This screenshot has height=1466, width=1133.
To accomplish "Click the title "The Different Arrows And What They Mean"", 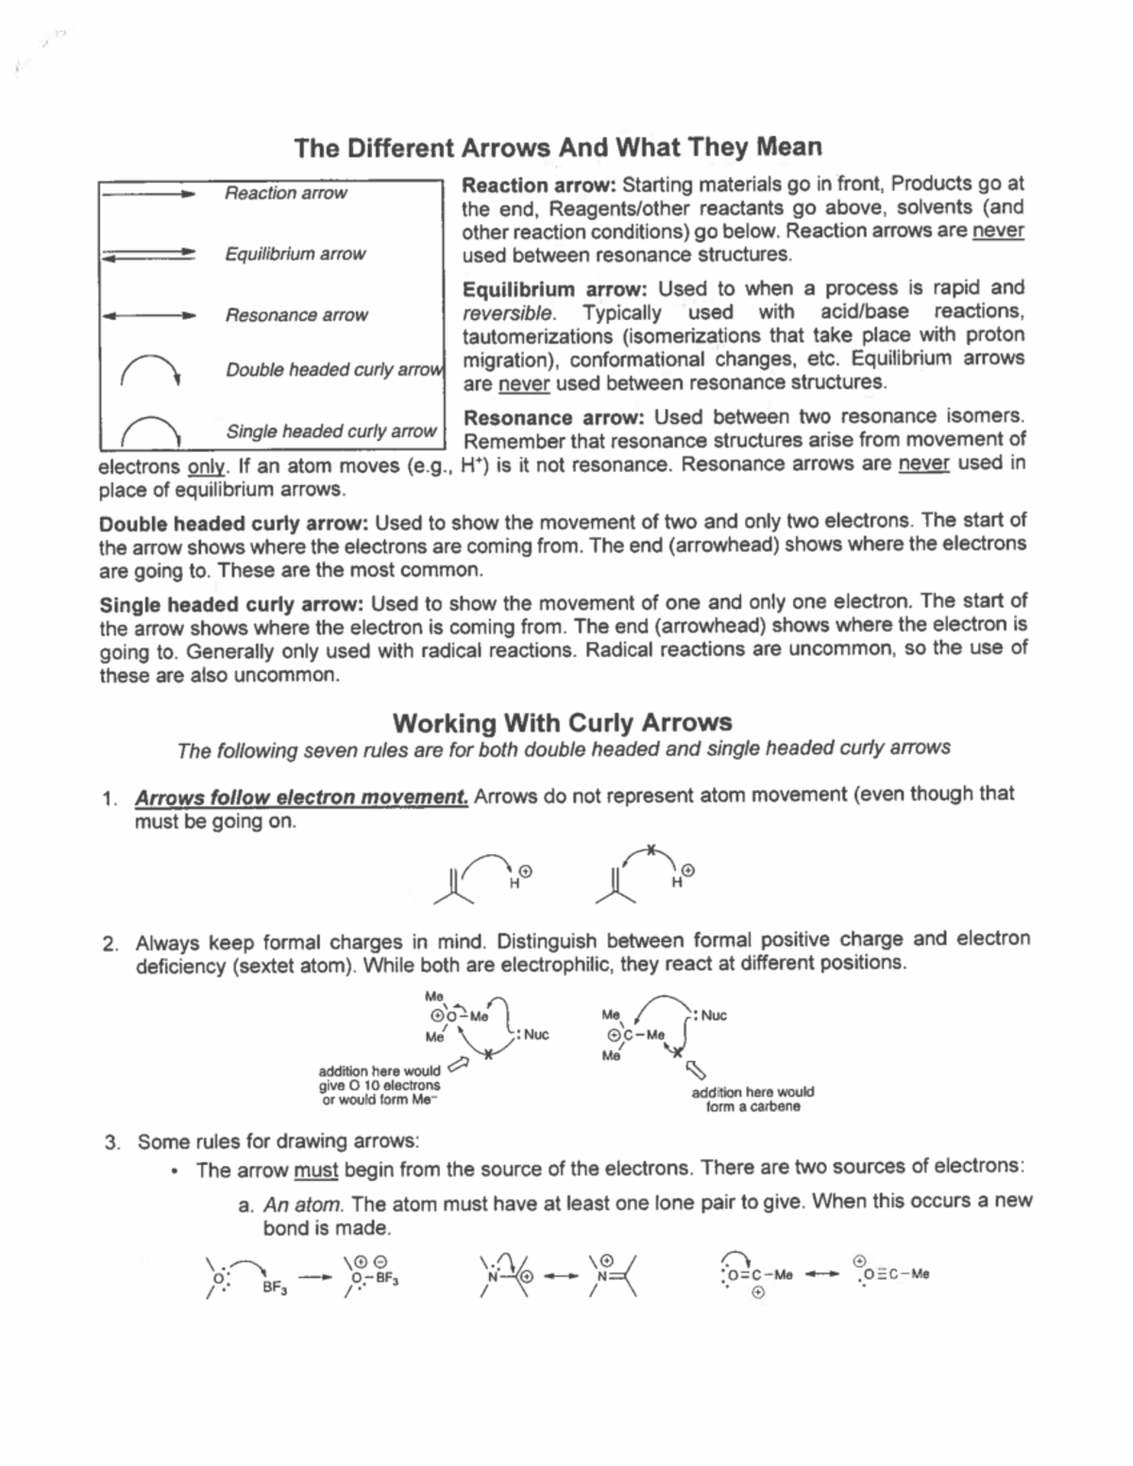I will (557, 148).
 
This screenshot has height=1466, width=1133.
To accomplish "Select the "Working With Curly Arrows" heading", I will (562, 723).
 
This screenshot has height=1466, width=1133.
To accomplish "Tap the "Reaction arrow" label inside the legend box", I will (285, 194).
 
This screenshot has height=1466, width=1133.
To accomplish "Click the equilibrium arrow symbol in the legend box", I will (148, 254).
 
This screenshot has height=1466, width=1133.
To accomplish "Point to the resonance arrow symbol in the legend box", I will (148, 315).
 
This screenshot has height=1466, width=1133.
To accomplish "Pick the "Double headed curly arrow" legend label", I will (332, 370).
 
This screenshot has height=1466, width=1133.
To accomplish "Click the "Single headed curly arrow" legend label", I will (330, 431).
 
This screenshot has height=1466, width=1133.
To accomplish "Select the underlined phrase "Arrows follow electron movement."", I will (301, 798).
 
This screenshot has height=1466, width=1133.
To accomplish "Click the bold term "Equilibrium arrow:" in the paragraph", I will (517, 290).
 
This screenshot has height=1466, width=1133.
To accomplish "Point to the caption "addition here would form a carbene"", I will (753, 1099).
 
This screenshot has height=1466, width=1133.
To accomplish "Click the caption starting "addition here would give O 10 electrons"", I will (379, 1086).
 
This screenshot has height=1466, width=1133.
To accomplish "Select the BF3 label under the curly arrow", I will (275, 1287).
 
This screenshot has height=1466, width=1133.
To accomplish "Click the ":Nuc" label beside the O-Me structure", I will (532, 1035).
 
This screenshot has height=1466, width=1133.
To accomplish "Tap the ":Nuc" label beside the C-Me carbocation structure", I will (711, 1016).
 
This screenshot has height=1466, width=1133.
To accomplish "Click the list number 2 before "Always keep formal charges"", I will (110, 943).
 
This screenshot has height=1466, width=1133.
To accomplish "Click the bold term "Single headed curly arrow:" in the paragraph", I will (231, 605).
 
